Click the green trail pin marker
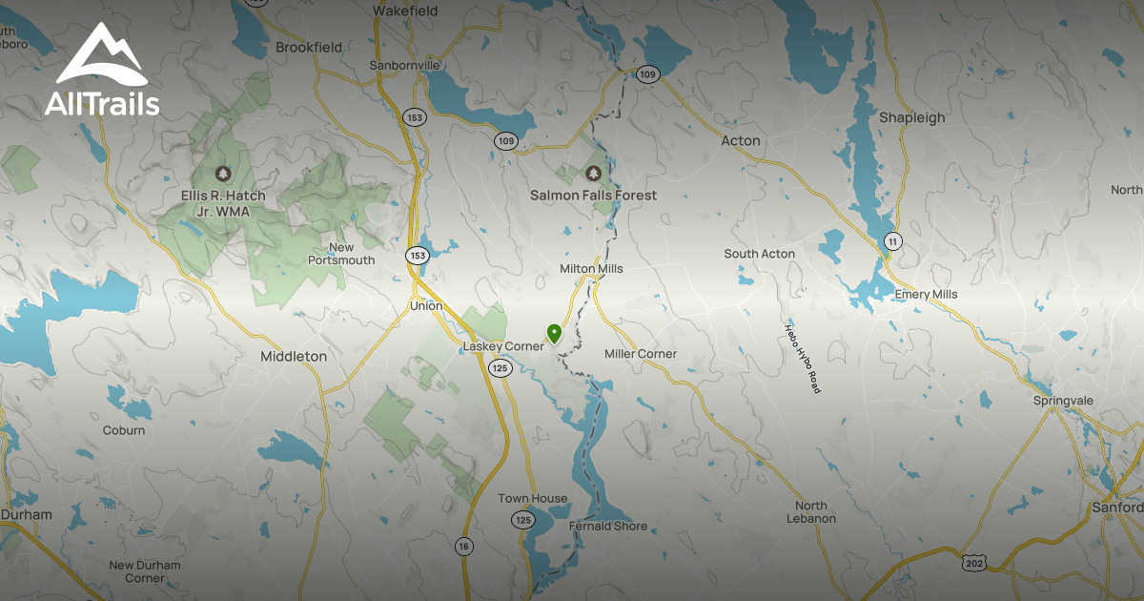554,333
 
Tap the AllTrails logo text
102,103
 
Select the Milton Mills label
591,269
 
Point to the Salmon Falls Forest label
593,196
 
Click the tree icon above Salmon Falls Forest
593,174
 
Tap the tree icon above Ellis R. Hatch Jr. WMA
223,174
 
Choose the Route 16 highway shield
463,547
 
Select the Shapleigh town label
911,117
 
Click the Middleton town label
294,356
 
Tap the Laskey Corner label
502,346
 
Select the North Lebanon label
811,512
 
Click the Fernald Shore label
607,526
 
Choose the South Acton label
759,254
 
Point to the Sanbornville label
405,66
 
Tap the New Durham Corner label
144,571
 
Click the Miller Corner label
641,354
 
